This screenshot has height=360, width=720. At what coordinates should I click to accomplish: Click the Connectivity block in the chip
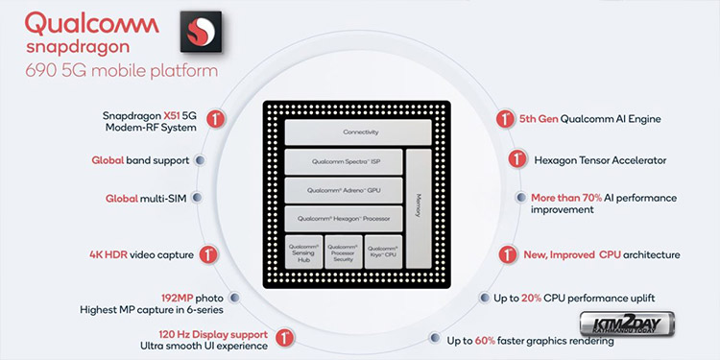click(x=358, y=132)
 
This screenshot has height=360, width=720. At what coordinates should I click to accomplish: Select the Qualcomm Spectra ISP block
click(x=344, y=161)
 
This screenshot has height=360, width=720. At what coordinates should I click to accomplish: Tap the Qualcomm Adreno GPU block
click(x=344, y=190)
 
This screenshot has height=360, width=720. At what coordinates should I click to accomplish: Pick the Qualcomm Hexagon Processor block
click(x=344, y=219)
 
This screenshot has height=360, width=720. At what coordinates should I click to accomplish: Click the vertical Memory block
click(x=419, y=208)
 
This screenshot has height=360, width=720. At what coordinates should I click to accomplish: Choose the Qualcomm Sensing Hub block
click(x=303, y=252)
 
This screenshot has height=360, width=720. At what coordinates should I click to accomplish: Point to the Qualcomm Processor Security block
click(x=343, y=252)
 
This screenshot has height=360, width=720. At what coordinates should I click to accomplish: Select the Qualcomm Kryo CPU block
click(x=383, y=252)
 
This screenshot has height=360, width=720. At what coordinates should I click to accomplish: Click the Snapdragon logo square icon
click(x=201, y=32)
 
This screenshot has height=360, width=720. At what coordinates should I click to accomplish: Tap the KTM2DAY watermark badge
click(x=626, y=324)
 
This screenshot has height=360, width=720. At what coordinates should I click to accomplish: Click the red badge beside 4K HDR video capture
click(x=208, y=254)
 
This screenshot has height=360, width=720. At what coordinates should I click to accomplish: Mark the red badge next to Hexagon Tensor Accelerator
click(x=517, y=159)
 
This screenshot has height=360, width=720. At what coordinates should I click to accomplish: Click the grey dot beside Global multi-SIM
click(x=197, y=198)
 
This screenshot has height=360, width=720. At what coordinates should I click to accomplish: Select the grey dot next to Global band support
click(x=200, y=160)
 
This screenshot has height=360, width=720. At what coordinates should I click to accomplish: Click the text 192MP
click(x=177, y=298)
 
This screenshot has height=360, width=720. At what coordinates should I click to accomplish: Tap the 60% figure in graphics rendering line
click(x=485, y=341)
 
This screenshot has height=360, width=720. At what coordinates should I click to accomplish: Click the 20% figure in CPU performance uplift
click(x=531, y=298)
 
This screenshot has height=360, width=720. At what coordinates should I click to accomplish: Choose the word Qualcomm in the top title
click(x=92, y=24)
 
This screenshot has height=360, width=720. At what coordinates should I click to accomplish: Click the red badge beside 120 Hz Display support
click(x=285, y=339)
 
